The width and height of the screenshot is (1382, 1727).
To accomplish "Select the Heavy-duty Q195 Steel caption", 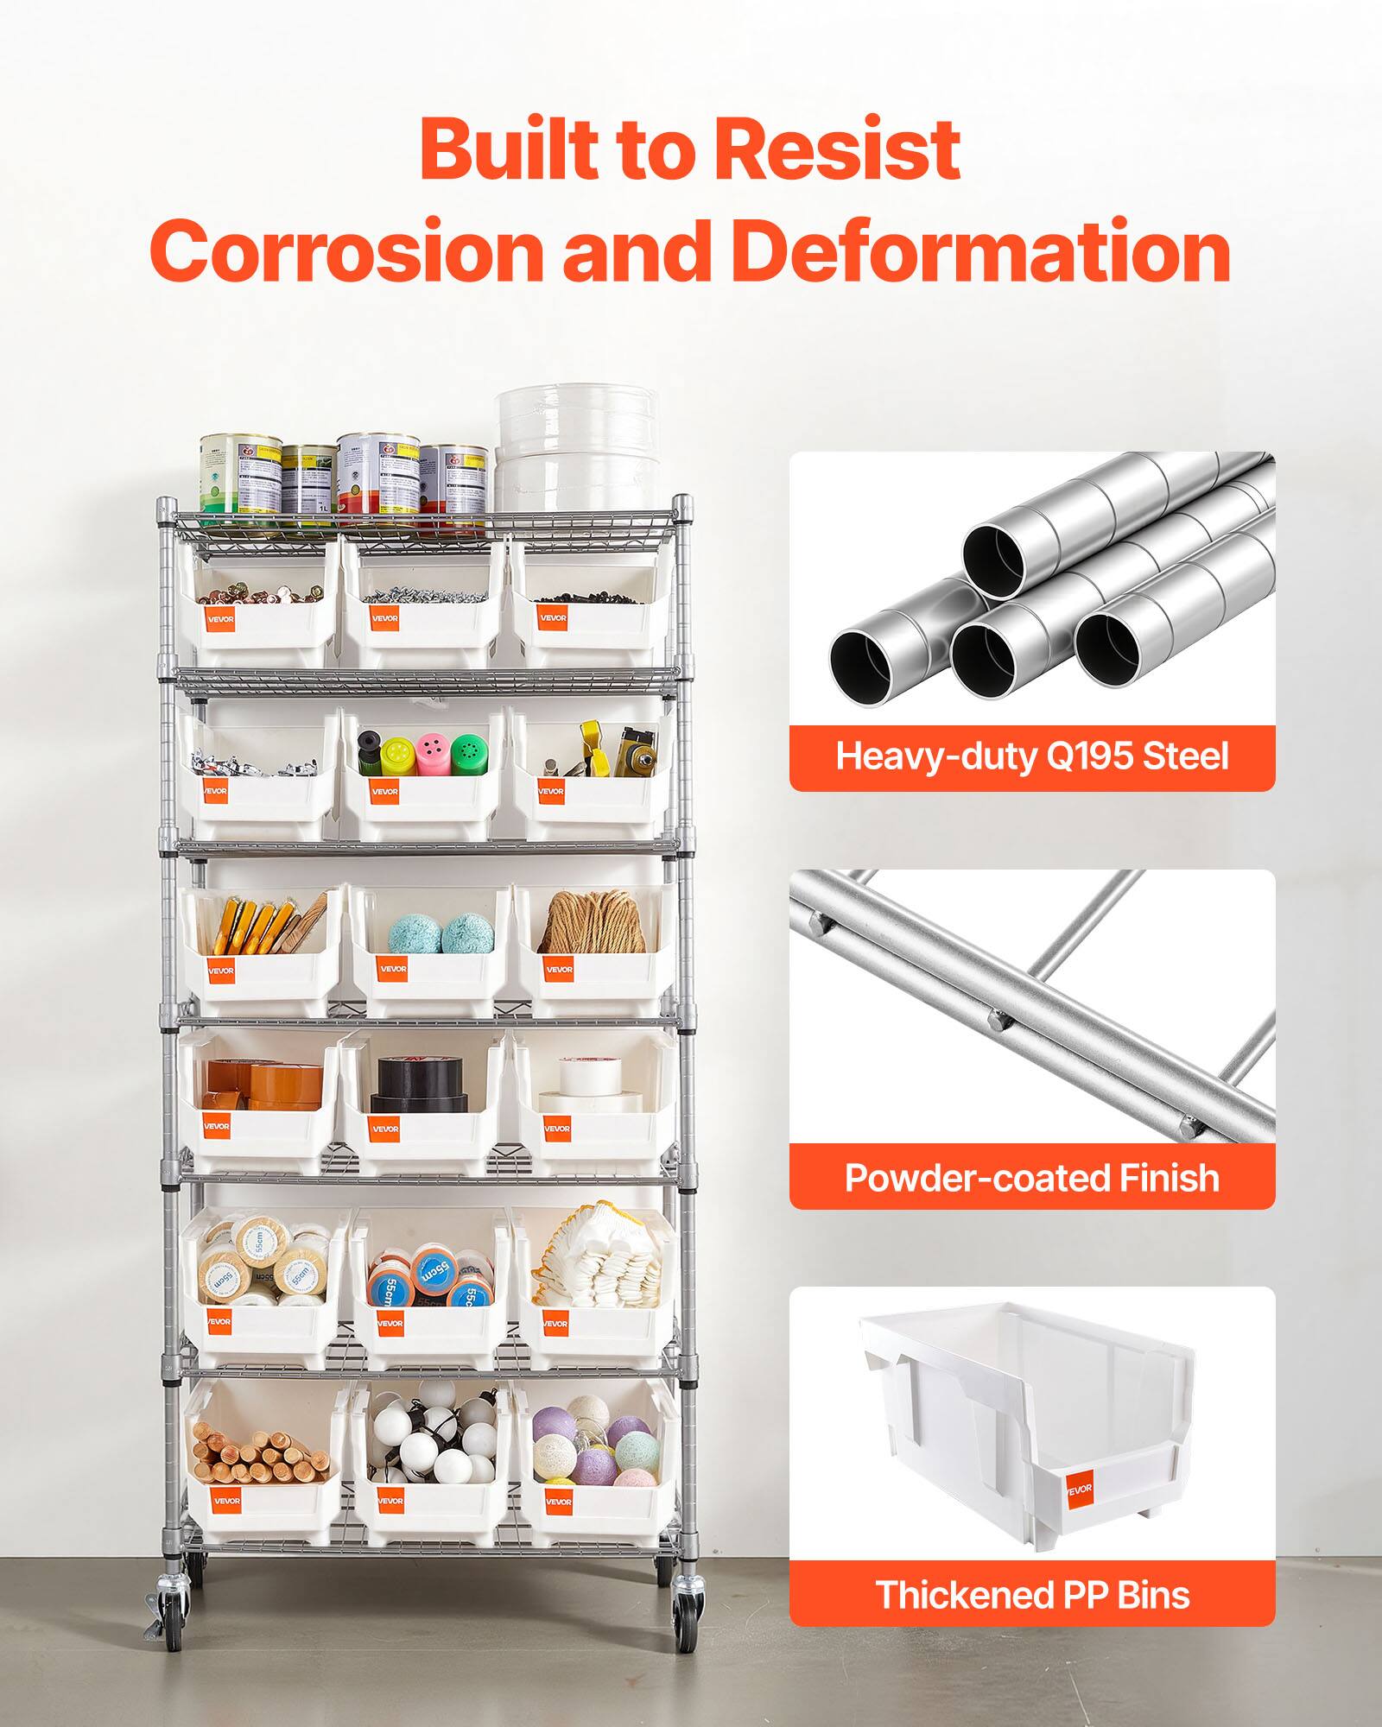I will click(x=1031, y=757).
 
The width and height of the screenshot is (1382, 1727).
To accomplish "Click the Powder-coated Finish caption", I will click(x=1031, y=1178).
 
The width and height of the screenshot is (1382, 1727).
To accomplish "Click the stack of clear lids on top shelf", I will click(x=577, y=449).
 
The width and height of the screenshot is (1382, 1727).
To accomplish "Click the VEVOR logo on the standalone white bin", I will click(x=1080, y=1489).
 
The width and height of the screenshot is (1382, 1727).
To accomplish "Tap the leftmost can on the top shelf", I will click(x=239, y=475).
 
